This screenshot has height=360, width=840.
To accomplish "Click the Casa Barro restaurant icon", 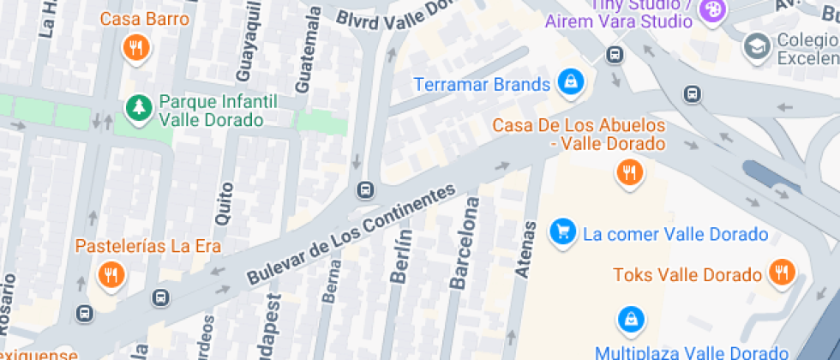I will click(135, 48).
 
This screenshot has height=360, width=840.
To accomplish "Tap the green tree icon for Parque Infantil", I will click(137, 108).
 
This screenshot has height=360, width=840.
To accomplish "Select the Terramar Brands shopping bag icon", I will click(569, 82).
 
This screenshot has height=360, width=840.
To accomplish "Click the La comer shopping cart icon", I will click(562, 231).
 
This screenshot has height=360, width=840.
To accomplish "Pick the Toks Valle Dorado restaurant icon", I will click(781, 273).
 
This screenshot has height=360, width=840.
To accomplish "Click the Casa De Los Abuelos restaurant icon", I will click(630, 172).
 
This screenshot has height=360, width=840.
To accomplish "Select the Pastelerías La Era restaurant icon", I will click(111, 274).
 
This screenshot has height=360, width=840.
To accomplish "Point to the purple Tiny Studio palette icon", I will click(711, 11).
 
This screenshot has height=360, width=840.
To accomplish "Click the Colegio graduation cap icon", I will click(758, 45).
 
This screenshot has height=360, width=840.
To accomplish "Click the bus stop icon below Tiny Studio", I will click(615, 56).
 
